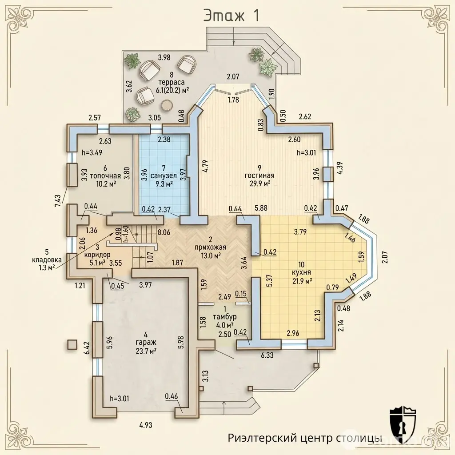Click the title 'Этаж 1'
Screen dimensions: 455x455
[231, 16]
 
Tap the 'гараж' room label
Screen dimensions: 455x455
[146, 343]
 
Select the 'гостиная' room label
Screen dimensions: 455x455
[259, 175]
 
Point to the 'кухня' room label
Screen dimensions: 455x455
[302, 272]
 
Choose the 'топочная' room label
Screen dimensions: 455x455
[105, 176]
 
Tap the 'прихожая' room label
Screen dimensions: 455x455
[211, 247]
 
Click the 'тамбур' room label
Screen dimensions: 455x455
[224, 316]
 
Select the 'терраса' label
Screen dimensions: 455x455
[172, 83]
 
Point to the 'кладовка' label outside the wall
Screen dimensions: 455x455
[47, 259]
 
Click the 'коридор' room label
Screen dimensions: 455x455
[97, 255]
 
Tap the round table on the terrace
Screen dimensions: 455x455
[167, 105]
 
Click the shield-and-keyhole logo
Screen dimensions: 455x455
[403, 423]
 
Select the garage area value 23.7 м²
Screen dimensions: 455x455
[146, 351]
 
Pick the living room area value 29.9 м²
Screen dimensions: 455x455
[259, 183]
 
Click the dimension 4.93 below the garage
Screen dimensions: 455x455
[146, 425]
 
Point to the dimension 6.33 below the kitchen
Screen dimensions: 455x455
[267, 355]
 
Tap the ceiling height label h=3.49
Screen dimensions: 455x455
[92, 152]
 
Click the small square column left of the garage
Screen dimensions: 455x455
[72, 345]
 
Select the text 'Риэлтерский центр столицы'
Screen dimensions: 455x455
[305, 438]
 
